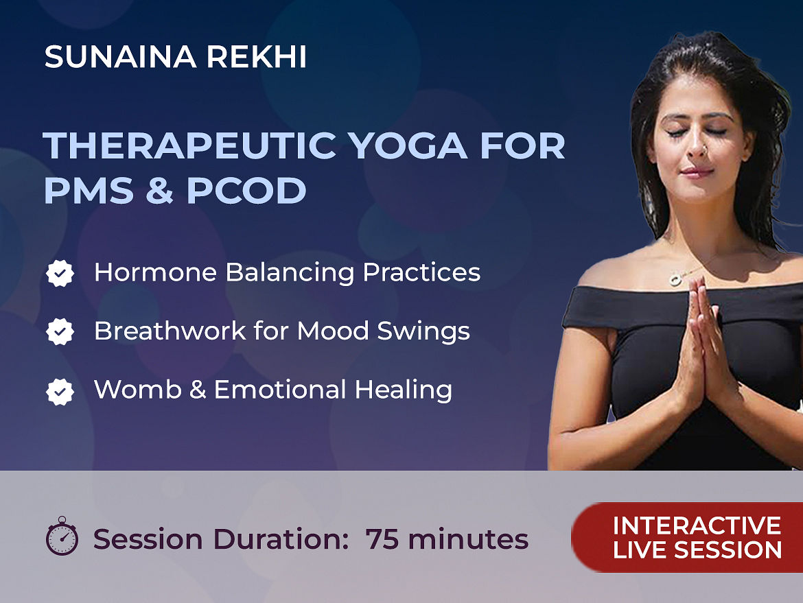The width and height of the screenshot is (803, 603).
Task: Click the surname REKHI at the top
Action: point(257,56)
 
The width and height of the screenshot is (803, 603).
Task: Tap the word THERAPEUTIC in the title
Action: point(190,145)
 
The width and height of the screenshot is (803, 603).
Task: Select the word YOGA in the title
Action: point(408,145)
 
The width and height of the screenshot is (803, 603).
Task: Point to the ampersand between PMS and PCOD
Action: point(159,190)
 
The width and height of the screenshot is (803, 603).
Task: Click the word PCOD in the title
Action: point(246,190)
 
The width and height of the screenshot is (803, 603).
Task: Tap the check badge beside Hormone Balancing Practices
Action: point(60,273)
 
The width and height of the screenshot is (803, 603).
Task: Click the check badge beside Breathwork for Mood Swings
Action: point(60,332)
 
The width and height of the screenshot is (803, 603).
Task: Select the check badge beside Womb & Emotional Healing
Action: point(60,392)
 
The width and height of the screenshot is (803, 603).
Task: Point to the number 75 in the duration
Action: point(382,539)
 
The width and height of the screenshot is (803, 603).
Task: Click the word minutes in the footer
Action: point(468,539)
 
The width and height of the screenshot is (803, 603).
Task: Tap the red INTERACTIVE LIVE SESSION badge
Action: point(687,537)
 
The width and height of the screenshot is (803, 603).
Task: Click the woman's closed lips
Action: point(695,172)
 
